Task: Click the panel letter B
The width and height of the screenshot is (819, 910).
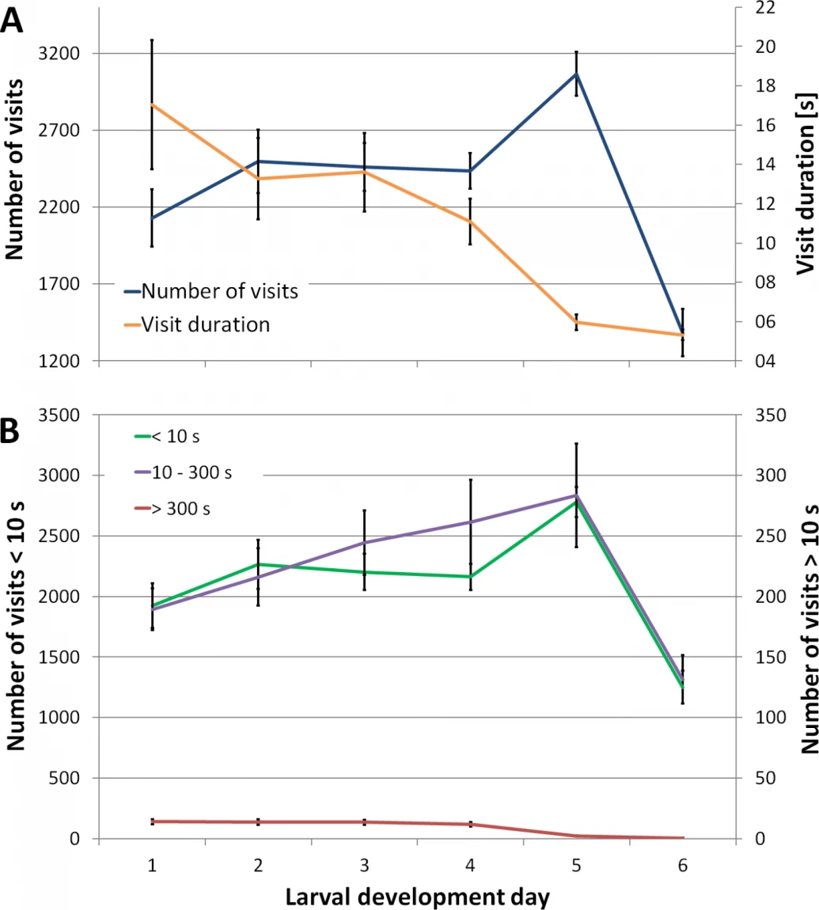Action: click(x=9, y=430)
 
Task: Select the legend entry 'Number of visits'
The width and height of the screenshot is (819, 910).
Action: click(x=211, y=290)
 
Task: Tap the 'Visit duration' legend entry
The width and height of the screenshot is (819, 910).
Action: click(x=197, y=324)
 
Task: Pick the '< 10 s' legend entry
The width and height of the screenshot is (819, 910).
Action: click(x=167, y=436)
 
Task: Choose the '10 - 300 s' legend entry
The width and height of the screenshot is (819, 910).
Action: click(x=183, y=472)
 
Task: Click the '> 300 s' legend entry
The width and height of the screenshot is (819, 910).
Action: click(x=173, y=508)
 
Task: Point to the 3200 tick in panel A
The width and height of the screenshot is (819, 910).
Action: click(x=59, y=53)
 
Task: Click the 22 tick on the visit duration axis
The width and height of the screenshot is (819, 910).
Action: click(x=766, y=8)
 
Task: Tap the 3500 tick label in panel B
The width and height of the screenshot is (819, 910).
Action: click(x=59, y=415)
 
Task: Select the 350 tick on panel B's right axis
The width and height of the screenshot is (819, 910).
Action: click(x=771, y=415)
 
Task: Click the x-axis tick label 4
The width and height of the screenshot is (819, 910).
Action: click(x=470, y=866)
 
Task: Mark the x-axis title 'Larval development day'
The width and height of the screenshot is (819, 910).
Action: click(x=417, y=897)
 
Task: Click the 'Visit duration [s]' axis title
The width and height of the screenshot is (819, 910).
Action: click(x=806, y=184)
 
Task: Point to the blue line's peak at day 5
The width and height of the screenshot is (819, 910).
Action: click(x=576, y=74)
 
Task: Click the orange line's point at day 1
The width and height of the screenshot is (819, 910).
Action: click(x=152, y=104)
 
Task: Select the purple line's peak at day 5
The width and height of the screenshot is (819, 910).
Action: click(x=576, y=495)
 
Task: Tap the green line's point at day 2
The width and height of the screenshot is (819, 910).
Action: click(x=258, y=564)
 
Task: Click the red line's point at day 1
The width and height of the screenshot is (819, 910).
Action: click(x=152, y=821)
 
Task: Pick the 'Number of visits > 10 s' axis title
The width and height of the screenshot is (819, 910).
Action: click(x=810, y=629)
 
